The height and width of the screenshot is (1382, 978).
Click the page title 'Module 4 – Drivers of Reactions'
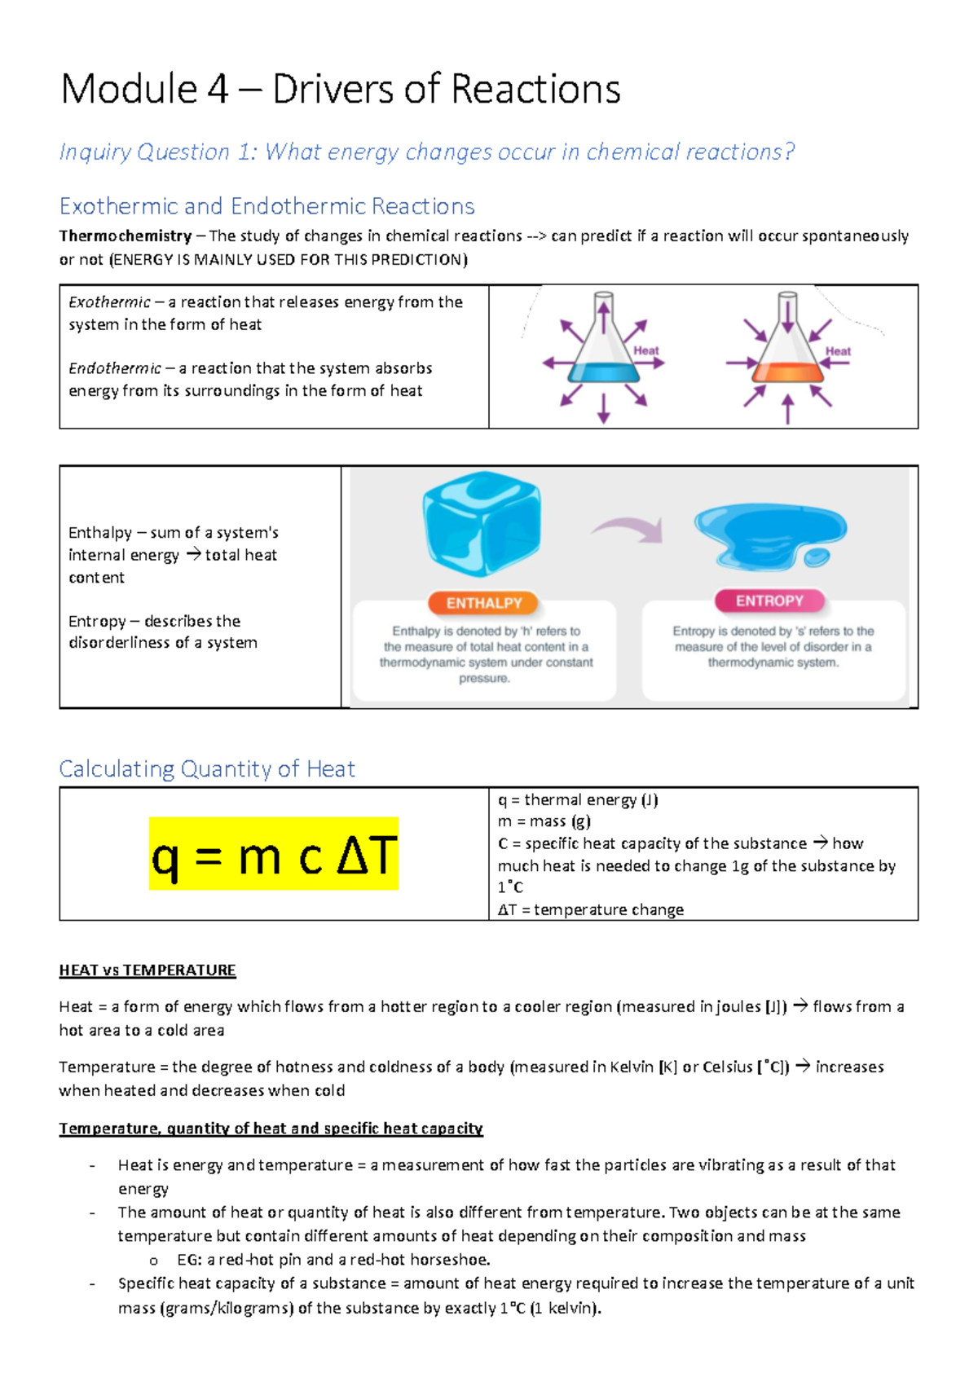tap(340, 90)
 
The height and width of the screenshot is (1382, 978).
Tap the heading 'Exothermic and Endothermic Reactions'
tap(267, 206)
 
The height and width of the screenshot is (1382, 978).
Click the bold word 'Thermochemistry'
tap(125, 236)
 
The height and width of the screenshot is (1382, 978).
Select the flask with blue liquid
tap(603, 346)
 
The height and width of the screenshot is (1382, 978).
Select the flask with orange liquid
tap(787, 346)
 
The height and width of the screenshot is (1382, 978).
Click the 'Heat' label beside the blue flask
tap(646, 350)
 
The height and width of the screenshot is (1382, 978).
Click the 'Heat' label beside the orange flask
tap(838, 351)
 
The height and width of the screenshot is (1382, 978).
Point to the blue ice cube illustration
tap(482, 523)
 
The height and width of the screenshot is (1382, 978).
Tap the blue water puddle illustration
tap(769, 535)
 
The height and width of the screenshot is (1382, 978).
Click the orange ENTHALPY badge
tap(484, 603)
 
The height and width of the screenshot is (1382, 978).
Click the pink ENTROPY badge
tap(769, 601)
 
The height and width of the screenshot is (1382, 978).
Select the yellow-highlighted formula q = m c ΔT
tap(274, 856)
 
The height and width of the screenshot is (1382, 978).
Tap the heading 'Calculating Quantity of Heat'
tap(207, 769)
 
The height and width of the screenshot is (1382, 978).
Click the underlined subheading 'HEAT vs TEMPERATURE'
tap(148, 970)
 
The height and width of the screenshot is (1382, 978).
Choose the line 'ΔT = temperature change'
tap(591, 909)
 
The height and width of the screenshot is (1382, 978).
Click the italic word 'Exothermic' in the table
tap(109, 302)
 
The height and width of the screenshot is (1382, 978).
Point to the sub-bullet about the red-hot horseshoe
tap(333, 1260)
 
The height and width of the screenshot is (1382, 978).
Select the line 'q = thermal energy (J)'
tap(578, 800)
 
